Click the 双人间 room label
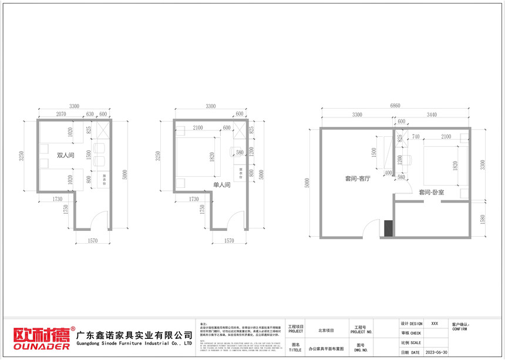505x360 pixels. pos(65,156)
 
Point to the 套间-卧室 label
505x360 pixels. pos(432,192)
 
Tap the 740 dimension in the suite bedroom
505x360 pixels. pos(415,136)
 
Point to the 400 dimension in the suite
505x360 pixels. pos(388,173)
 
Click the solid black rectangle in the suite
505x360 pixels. pos(388,228)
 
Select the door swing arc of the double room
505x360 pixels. pos(102,218)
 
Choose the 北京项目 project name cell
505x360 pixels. pos(326,330)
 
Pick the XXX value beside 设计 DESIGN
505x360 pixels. pos(434,324)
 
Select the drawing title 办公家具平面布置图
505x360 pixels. pos(326,349)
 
